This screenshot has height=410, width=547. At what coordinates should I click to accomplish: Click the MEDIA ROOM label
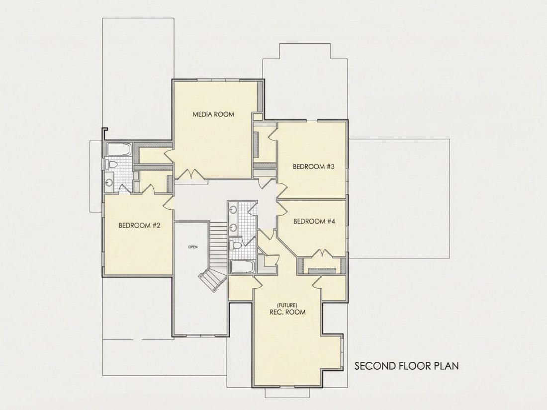point(213,114)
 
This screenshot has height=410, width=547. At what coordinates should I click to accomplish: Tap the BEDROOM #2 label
point(139,225)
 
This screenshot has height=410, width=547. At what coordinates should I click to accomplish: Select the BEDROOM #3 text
point(314,166)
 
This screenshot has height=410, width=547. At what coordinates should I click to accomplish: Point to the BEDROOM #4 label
point(314,221)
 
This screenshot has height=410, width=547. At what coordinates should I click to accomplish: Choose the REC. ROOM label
point(287,312)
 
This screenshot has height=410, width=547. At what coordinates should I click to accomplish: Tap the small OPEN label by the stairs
point(193,247)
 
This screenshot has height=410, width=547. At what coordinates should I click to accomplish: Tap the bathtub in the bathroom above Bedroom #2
point(119,149)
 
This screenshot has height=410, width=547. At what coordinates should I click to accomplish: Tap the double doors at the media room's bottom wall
point(191,174)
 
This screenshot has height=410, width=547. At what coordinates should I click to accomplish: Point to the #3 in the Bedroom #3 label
point(330,166)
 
